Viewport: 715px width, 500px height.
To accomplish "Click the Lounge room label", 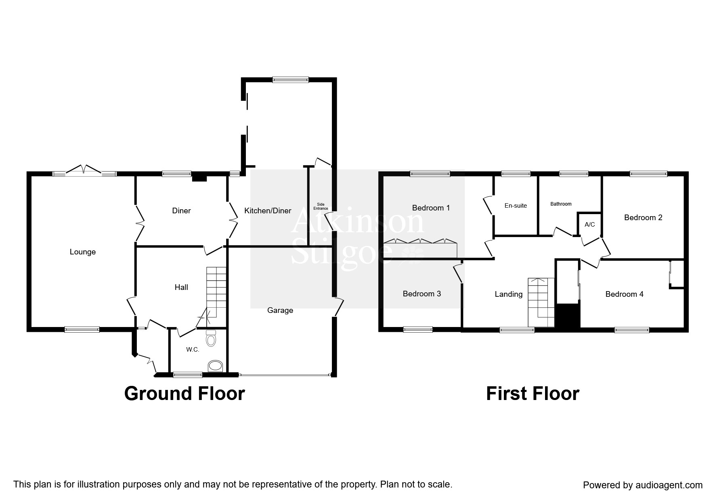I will tap(82, 252).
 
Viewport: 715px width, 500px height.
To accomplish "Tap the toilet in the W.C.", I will tap(211, 339).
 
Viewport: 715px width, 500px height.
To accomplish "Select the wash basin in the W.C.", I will tap(215, 366).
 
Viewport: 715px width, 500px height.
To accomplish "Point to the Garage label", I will tap(280, 310).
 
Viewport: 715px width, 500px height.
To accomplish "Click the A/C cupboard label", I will tap(589, 225).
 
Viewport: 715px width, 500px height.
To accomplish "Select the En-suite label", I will tap(516, 206).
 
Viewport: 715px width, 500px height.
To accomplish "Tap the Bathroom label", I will tap(561, 204).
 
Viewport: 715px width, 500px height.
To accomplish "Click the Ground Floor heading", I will tap(185, 394).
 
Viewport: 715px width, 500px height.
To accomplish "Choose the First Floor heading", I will tap(532, 394).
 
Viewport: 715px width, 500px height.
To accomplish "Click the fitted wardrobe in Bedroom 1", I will tap(420, 249).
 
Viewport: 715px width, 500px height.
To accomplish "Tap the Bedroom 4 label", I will tap(624, 294).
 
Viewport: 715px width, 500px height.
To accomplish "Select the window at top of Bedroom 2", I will tap(648, 174).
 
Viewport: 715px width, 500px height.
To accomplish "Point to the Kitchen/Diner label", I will tap(268, 211).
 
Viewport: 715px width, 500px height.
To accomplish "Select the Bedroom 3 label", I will tap(421, 294).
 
